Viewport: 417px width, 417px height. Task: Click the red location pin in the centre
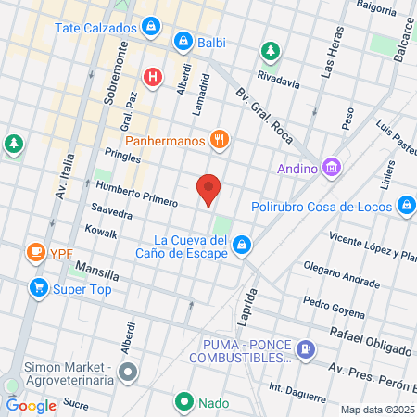pyautogui.click(x=209, y=189)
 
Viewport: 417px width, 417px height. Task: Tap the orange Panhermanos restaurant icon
pyautogui.click(x=220, y=140)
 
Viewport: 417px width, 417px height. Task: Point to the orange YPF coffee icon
pyautogui.click(x=36, y=252)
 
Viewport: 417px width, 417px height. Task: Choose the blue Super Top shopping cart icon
pyautogui.click(x=38, y=287)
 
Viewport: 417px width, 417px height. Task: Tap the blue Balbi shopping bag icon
pyautogui.click(x=183, y=42)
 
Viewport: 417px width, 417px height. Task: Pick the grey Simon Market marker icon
pyautogui.click(x=128, y=373)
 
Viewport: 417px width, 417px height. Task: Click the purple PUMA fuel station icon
pyautogui.click(x=306, y=350)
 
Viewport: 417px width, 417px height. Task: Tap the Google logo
pyautogui.click(x=31, y=405)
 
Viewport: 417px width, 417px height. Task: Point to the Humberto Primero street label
pyautogui.click(x=136, y=194)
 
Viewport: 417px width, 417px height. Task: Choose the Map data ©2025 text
pyautogui.click(x=377, y=409)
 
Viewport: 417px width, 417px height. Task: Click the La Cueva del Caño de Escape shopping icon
pyautogui.click(x=241, y=245)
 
